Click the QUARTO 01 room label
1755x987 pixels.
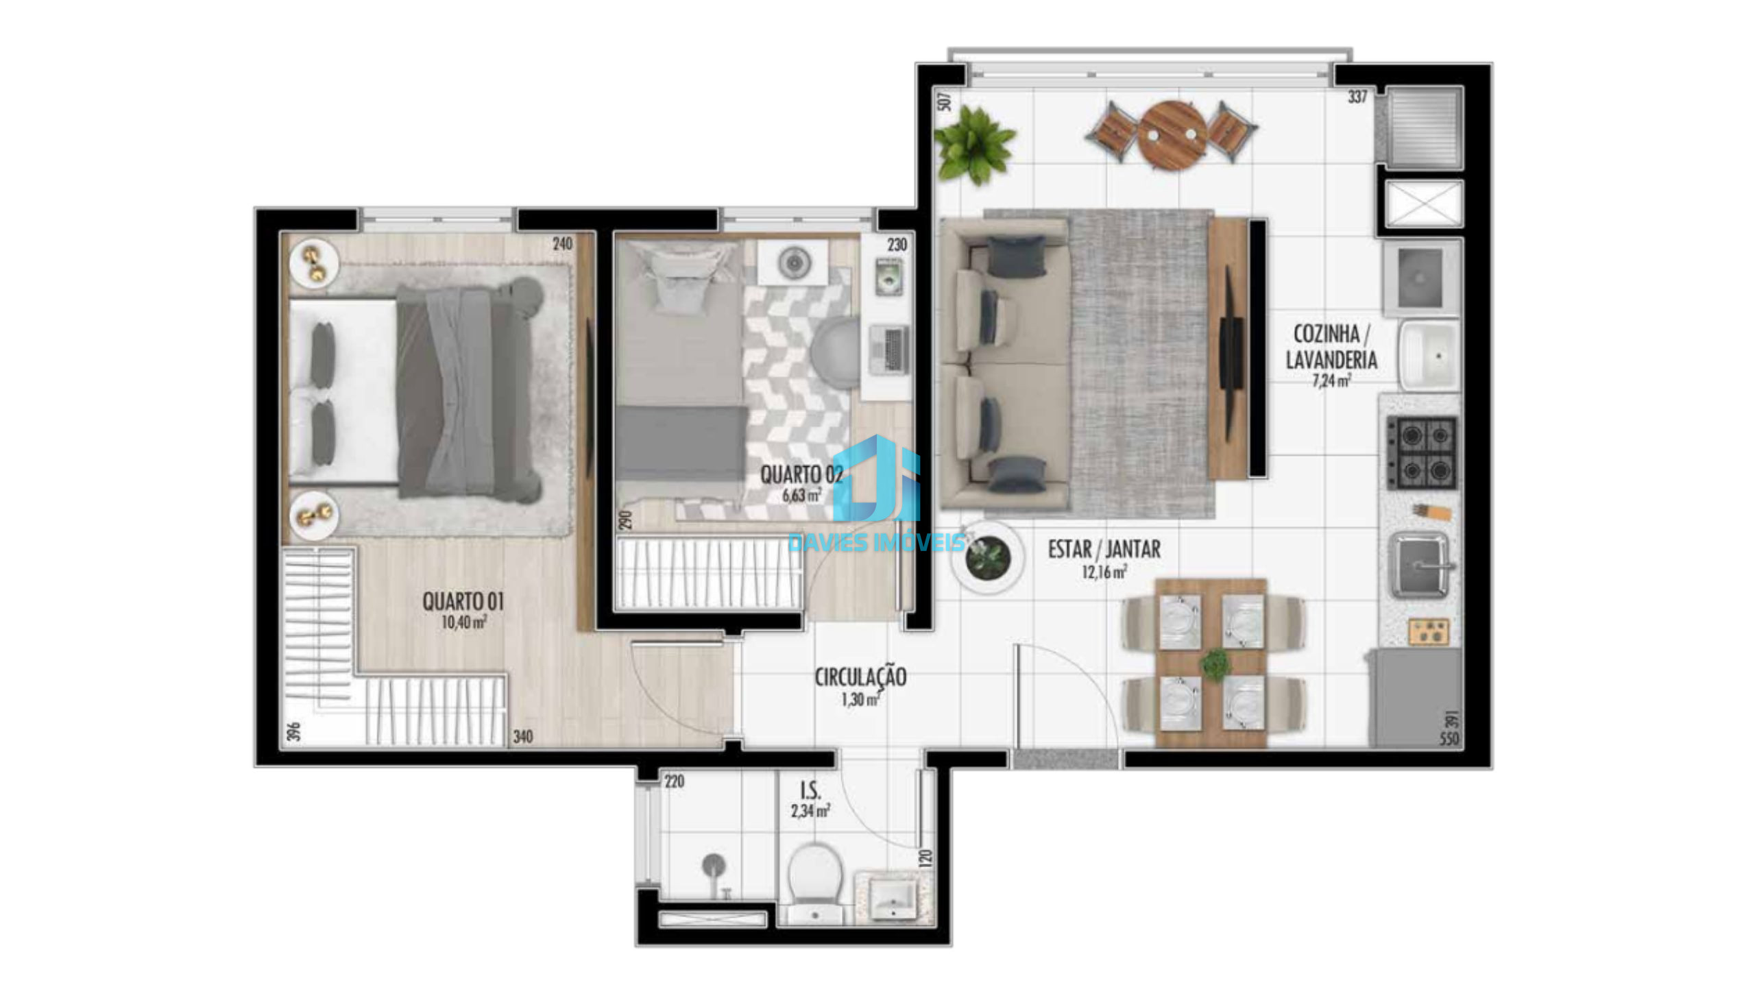coord(463,602)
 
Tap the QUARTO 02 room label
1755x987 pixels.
coord(801,474)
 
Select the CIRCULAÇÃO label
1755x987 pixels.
coord(860,677)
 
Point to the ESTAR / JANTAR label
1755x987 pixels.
coord(1104,549)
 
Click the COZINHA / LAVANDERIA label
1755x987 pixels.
coord(1331,347)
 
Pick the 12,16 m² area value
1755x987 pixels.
coord(1104,572)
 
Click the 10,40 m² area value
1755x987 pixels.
coord(464,622)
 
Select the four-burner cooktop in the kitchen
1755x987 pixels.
coord(1422,452)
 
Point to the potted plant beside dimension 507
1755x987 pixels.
coord(973,145)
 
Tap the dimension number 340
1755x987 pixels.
coord(523,737)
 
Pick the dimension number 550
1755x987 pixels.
coord(1449,739)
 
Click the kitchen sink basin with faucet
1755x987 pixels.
coord(1419,565)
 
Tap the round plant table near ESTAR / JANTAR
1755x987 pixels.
coord(988,557)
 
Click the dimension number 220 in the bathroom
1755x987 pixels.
coord(674,781)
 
